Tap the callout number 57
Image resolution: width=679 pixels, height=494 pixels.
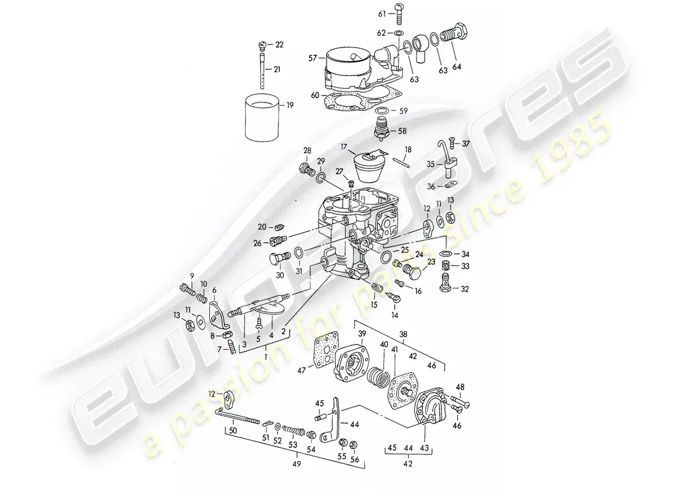[312, 58]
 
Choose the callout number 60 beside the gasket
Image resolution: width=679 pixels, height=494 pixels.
[315, 95]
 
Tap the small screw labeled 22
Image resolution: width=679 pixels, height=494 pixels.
[261, 45]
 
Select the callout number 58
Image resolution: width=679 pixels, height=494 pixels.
[401, 132]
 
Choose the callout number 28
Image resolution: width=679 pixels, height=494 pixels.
[307, 150]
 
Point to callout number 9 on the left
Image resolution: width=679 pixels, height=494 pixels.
[192, 275]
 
